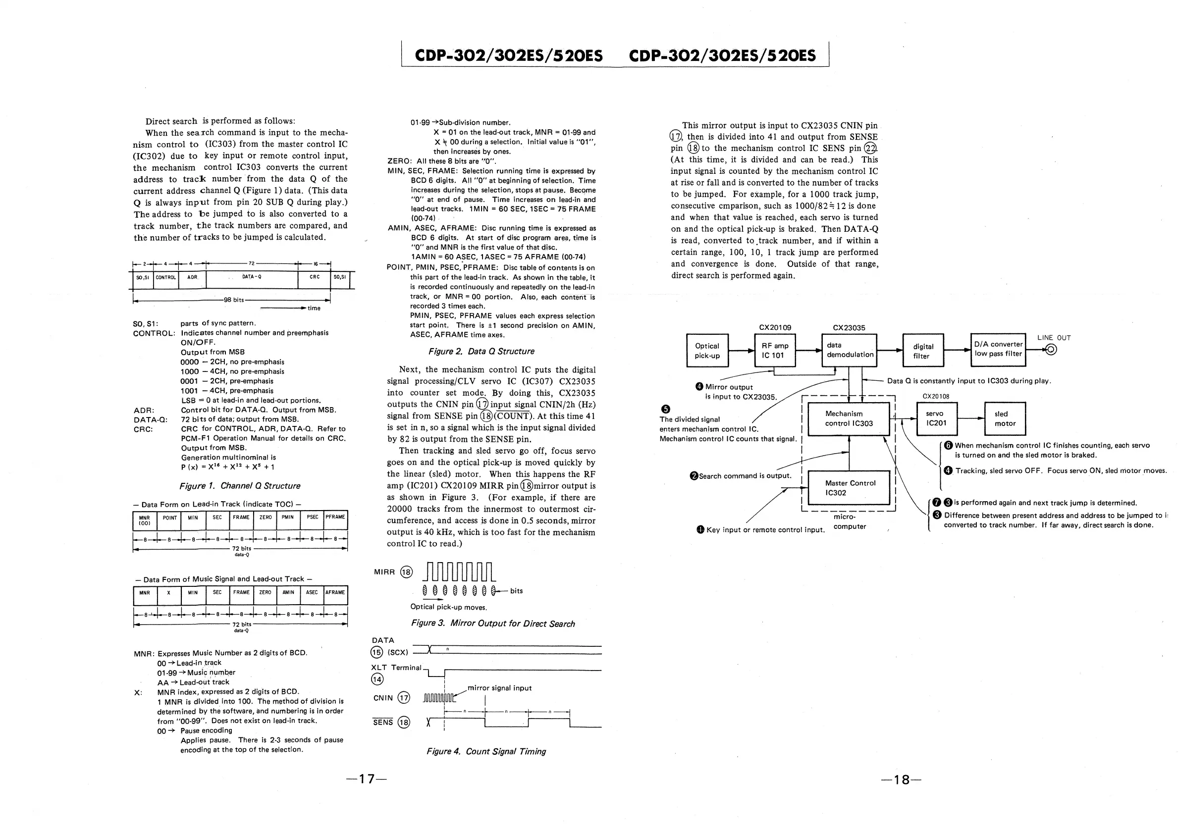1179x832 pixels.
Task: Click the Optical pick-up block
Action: click(x=707, y=351)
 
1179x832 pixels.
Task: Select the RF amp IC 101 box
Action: click(x=774, y=351)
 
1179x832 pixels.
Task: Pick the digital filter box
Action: click(x=923, y=351)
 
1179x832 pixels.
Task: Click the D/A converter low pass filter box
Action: click(x=998, y=349)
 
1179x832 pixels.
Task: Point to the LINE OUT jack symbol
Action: click(x=1051, y=350)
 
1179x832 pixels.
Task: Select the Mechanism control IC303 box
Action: click(x=849, y=418)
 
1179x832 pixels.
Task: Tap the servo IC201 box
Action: click(x=936, y=418)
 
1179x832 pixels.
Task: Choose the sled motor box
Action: click(x=1005, y=418)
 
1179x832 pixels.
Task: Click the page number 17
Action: click(x=366, y=779)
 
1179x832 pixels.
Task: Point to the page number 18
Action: click(x=901, y=780)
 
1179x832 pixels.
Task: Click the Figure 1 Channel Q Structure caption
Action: click(x=240, y=485)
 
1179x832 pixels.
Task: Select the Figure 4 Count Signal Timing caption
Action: click(x=486, y=751)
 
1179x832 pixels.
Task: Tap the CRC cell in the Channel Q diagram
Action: click(x=314, y=277)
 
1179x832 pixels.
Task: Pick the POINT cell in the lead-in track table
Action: click(x=169, y=518)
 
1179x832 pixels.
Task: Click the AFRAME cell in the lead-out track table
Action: click(x=335, y=592)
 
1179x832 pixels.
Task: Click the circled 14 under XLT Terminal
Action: click(x=377, y=679)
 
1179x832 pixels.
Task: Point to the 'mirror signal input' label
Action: click(x=499, y=688)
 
